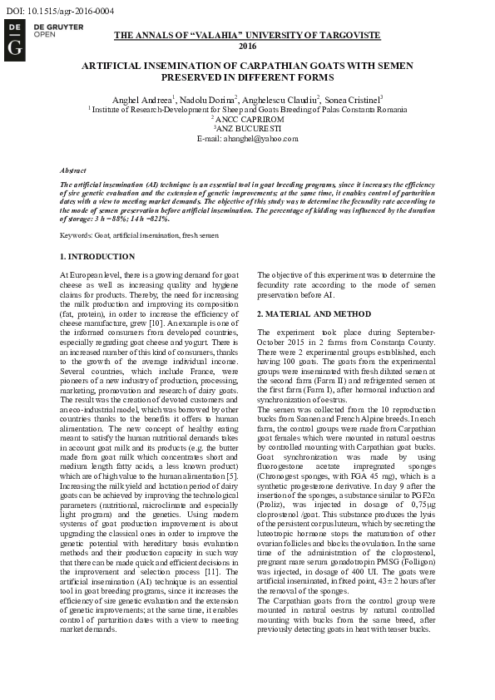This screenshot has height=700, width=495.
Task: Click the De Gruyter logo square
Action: coord(15,38)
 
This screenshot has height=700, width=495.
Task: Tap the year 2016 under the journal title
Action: coord(247,46)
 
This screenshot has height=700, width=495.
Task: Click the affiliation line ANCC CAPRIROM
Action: coord(250,119)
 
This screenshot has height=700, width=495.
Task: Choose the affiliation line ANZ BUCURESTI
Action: coord(249,128)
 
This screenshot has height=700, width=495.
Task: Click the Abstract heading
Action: coord(74,169)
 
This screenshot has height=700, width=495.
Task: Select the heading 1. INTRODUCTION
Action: coord(98,257)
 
